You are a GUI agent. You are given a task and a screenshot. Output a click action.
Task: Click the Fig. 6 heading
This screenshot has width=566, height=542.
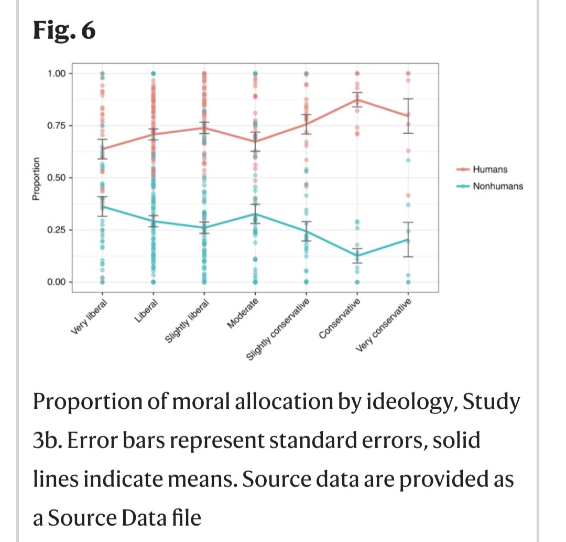64,32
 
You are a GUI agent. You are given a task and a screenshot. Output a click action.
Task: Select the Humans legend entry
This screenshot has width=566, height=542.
489,169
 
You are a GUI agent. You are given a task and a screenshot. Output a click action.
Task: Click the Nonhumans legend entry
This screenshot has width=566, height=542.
497,186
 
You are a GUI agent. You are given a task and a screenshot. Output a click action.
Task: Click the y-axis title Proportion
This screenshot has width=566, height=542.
36,178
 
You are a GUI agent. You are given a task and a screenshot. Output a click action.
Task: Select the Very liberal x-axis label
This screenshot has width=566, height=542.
89,316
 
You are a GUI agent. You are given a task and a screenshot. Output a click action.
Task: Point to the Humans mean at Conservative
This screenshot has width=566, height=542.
357,99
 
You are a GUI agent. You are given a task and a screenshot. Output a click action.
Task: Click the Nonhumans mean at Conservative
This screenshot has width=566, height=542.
357,256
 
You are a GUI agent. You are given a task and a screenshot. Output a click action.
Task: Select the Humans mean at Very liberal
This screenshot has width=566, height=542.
103,148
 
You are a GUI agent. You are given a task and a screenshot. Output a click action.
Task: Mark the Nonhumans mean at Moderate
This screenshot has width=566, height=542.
255,214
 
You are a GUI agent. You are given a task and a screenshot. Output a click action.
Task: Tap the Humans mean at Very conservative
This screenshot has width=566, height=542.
408,115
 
